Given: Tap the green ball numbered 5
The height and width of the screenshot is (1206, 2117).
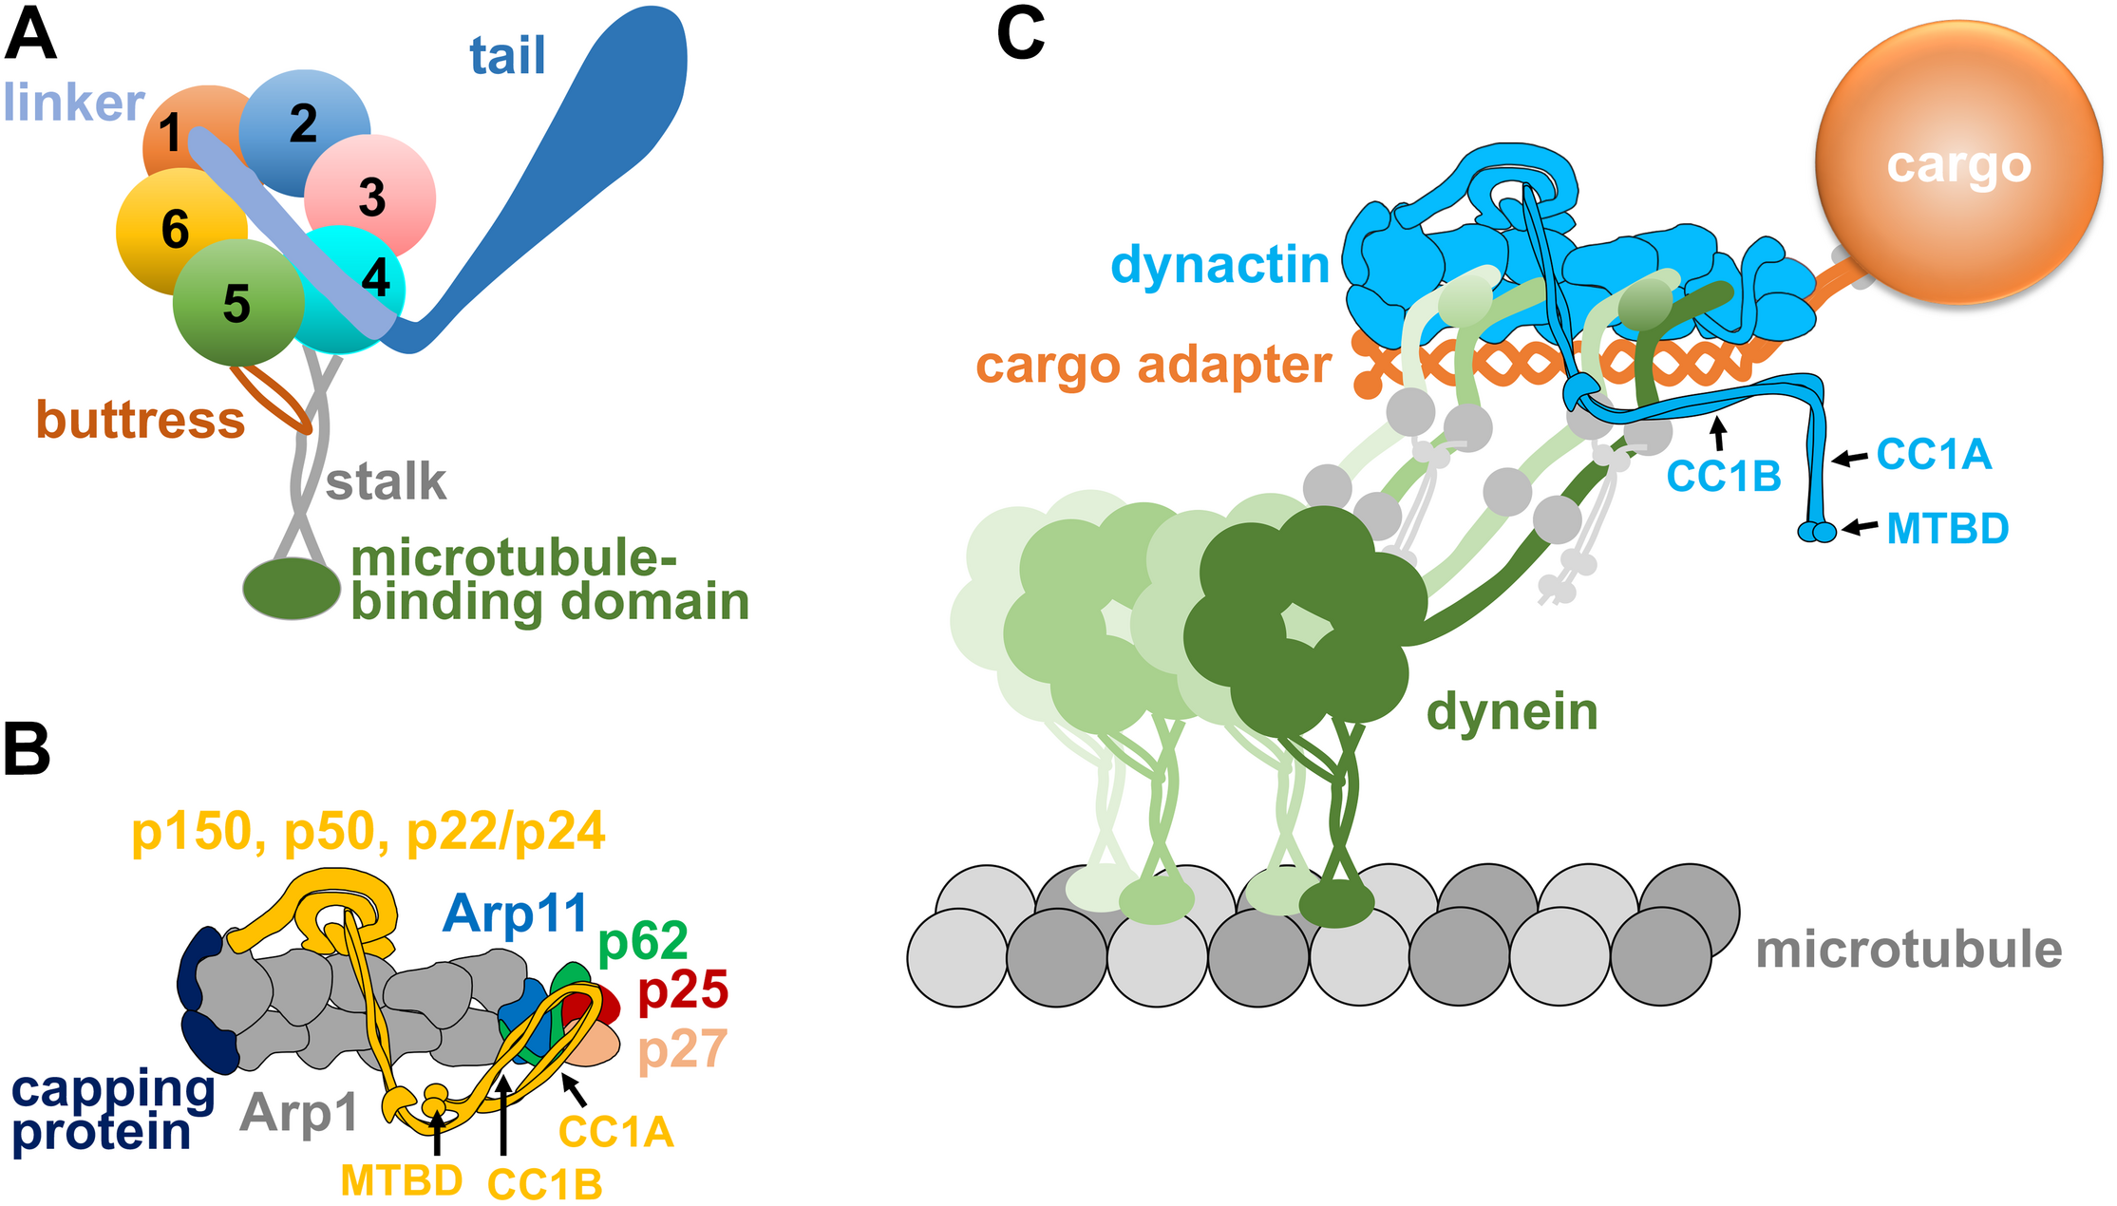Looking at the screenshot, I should point(236,303).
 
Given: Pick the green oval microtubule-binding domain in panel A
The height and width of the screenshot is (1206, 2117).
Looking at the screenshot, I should point(291,589).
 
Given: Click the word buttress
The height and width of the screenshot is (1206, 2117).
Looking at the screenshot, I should point(141,419).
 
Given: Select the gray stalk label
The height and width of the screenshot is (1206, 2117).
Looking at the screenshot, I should point(386,481).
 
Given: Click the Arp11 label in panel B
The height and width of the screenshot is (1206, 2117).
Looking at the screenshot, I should point(516,914).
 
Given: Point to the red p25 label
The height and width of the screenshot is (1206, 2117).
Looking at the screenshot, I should point(683,989).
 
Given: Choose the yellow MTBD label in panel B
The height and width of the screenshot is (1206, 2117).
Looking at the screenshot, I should point(401,1180).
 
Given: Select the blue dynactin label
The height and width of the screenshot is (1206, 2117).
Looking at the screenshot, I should point(1219,264).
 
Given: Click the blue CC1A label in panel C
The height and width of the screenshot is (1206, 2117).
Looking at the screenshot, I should point(1934,454).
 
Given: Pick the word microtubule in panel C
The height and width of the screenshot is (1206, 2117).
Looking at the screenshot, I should point(1908,950).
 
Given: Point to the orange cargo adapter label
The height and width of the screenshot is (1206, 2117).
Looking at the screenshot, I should point(1153,366).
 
